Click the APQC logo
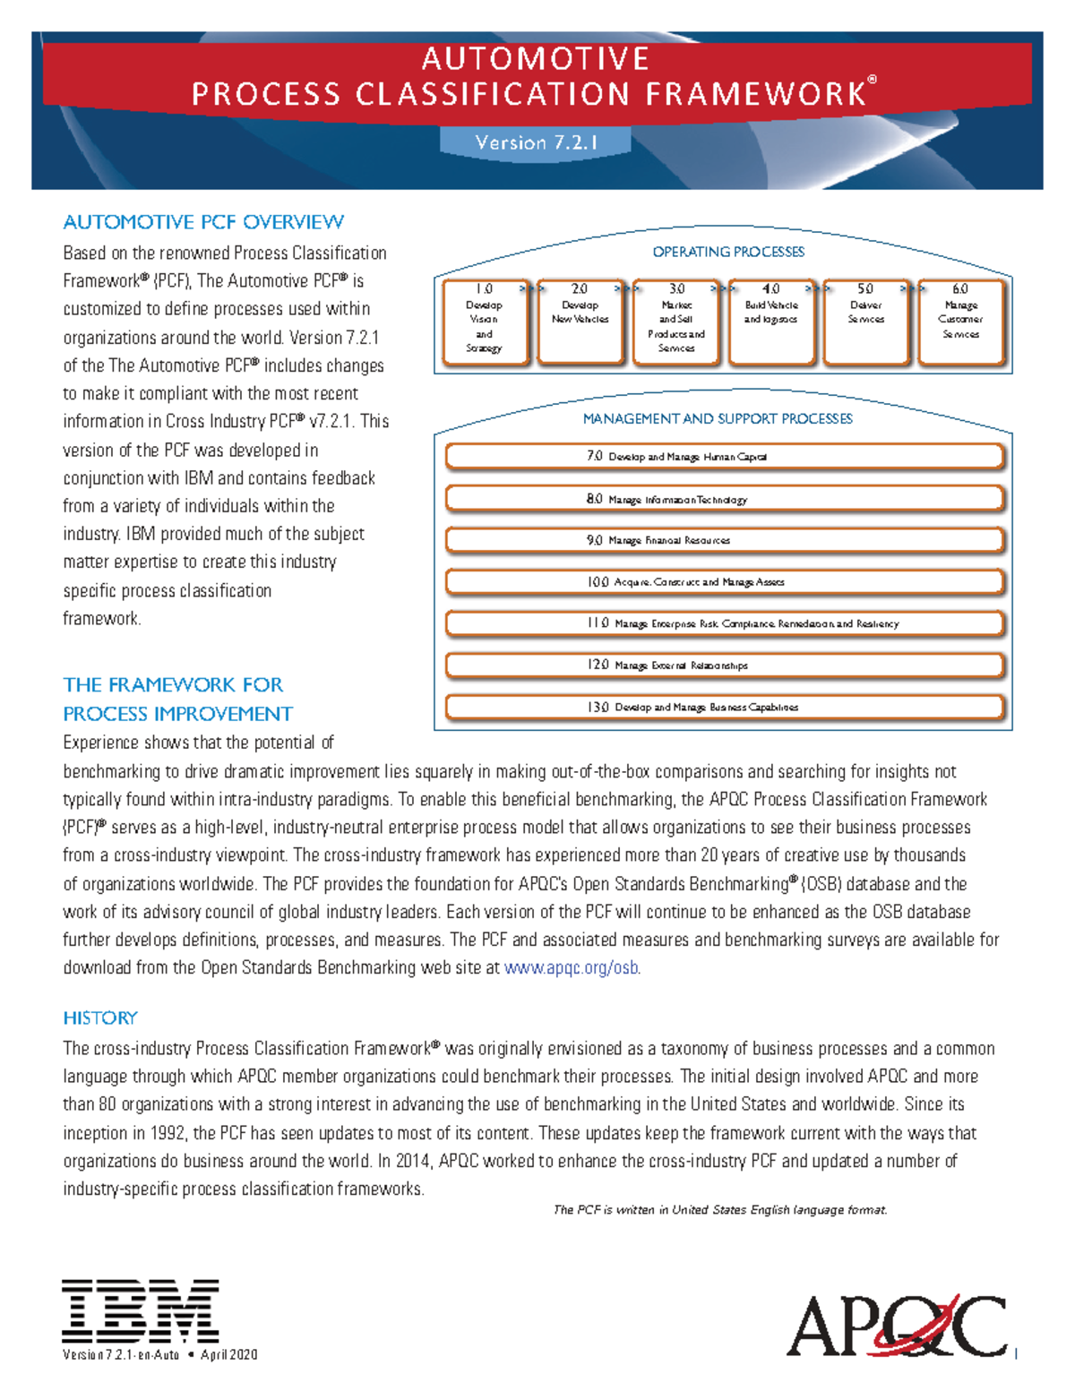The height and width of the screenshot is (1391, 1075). click(x=896, y=1326)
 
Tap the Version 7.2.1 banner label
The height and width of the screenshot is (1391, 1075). click(x=536, y=142)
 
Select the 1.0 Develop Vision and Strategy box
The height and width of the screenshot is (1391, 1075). click(x=485, y=321)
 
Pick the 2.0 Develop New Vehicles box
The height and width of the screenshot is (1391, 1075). click(x=580, y=321)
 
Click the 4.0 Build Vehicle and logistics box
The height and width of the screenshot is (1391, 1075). click(x=771, y=321)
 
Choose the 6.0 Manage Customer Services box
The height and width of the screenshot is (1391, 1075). click(x=961, y=321)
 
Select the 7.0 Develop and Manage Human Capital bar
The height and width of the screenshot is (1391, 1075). click(x=724, y=457)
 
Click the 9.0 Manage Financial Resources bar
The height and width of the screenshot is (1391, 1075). click(x=724, y=540)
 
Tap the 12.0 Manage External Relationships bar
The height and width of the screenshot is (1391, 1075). click(x=724, y=665)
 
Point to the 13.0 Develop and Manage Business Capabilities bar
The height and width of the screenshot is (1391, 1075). click(x=724, y=707)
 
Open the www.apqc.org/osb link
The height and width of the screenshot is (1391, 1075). click(x=572, y=968)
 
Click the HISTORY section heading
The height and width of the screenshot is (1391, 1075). click(x=100, y=1018)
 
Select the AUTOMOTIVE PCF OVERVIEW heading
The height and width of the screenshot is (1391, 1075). click(x=203, y=222)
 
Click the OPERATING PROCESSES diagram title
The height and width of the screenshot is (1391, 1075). click(x=728, y=252)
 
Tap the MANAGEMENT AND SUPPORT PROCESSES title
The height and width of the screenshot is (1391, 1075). click(x=718, y=418)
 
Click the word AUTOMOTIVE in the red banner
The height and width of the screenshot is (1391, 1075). click(x=536, y=59)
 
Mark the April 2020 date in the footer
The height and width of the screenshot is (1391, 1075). click(x=228, y=1355)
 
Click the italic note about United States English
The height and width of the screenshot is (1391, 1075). click(x=720, y=1210)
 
